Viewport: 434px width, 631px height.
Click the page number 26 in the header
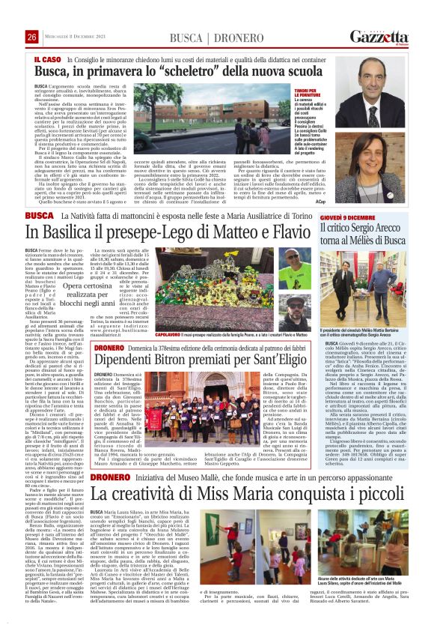[31, 37]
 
